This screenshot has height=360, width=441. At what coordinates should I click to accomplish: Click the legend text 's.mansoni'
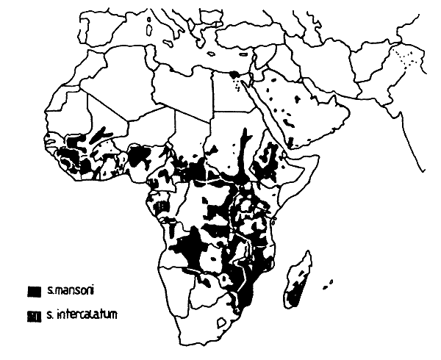[x=67, y=292]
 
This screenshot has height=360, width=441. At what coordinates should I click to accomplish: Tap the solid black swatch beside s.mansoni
[x=33, y=292]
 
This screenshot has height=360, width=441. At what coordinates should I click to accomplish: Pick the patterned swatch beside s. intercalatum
[x=33, y=316]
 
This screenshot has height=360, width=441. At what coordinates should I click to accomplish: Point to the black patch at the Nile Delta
[x=234, y=74]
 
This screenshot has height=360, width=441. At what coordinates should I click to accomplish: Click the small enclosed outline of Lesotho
[x=220, y=321]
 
